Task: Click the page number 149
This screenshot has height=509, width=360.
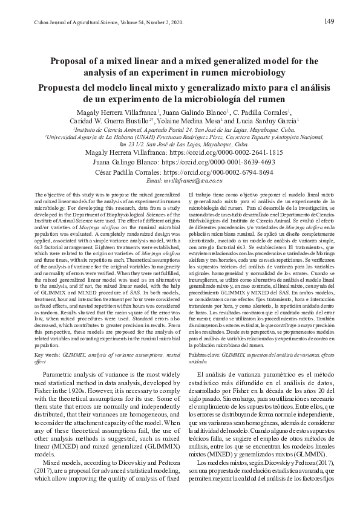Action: pyautogui.click(x=329, y=22)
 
